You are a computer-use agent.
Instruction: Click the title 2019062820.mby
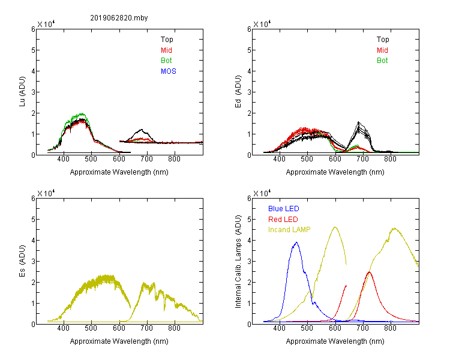(x=119, y=18)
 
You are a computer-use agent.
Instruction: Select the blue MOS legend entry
(x=169, y=71)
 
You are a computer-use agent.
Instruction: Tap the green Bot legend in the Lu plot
(x=166, y=61)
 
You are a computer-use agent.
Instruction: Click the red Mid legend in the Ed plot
(x=382, y=50)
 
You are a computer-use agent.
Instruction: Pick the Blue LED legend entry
(x=284, y=209)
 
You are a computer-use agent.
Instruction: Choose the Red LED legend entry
(x=283, y=220)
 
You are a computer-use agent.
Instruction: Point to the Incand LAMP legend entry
(x=289, y=230)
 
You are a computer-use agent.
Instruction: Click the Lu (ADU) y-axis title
(x=22, y=92)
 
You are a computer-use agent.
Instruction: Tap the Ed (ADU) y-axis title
(x=238, y=92)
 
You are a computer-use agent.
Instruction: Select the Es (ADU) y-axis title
(x=22, y=260)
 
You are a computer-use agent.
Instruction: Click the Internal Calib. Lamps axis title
(x=238, y=262)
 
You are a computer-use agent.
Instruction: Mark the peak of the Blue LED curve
(x=296, y=242)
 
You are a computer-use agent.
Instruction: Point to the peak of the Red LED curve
(x=369, y=272)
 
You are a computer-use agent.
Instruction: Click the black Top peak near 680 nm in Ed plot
(x=358, y=122)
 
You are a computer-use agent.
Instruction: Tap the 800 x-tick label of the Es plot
(x=174, y=328)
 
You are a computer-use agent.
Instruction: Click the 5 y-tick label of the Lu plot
(x=33, y=50)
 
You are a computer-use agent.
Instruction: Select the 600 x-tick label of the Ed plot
(x=335, y=159)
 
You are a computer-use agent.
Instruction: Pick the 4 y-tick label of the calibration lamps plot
(x=249, y=240)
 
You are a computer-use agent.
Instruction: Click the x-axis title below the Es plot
(x=119, y=341)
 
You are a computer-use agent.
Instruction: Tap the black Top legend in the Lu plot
(x=167, y=40)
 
